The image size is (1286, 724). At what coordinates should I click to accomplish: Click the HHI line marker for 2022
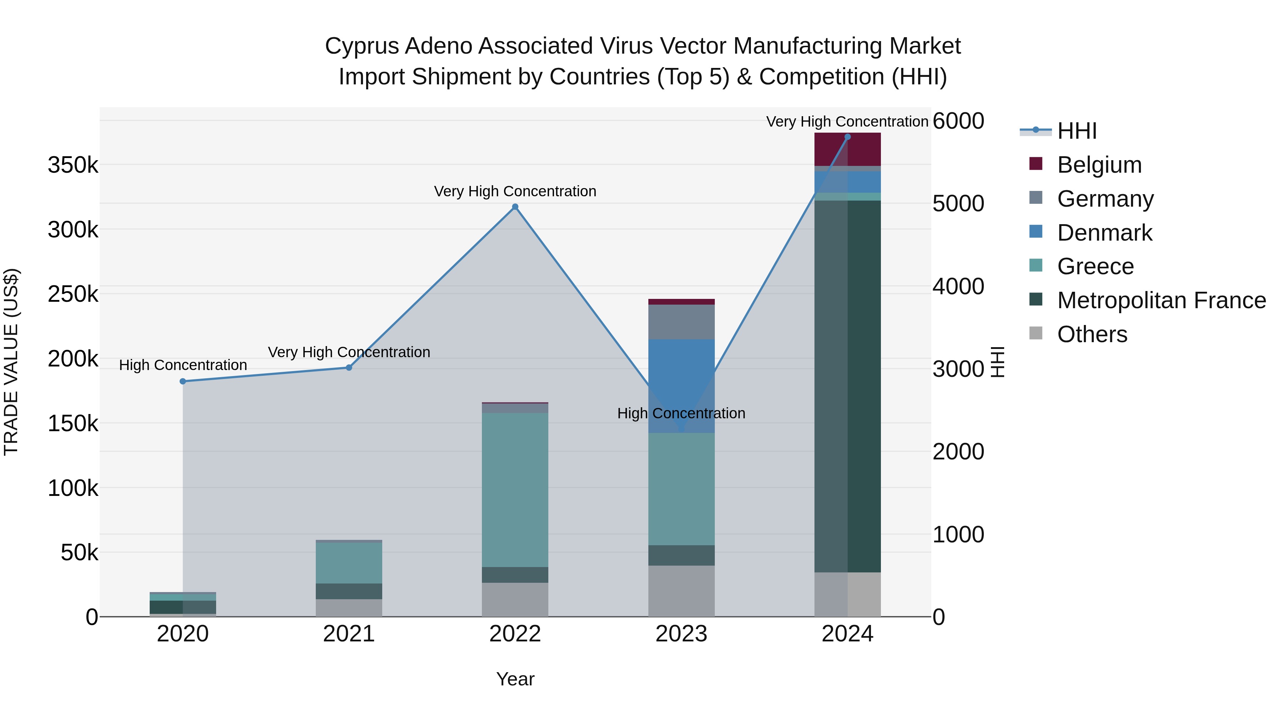point(515,207)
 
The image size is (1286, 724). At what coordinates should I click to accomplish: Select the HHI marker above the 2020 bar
point(183,381)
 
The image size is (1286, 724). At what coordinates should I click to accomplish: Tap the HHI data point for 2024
point(847,137)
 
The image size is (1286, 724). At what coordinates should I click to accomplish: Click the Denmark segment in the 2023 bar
point(682,380)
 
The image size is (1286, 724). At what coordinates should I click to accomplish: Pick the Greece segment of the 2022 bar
point(515,490)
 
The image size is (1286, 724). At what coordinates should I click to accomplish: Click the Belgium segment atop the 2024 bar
point(864,149)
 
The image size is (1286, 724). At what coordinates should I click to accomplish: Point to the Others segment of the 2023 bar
point(682,591)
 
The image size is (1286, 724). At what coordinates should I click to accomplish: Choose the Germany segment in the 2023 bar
point(682,322)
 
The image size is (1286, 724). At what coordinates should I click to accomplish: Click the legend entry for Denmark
point(1104,233)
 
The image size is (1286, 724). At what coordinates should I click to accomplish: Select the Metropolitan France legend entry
point(1161,300)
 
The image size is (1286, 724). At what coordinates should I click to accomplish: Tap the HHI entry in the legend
point(1077,131)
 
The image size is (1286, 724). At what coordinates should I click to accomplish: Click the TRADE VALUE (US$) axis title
point(11,362)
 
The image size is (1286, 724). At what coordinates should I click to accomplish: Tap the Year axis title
point(515,679)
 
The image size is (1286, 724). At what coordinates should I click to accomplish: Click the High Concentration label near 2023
point(681,413)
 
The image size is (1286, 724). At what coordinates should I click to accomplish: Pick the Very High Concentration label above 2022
point(515,191)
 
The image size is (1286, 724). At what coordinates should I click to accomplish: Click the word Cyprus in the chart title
point(362,46)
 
